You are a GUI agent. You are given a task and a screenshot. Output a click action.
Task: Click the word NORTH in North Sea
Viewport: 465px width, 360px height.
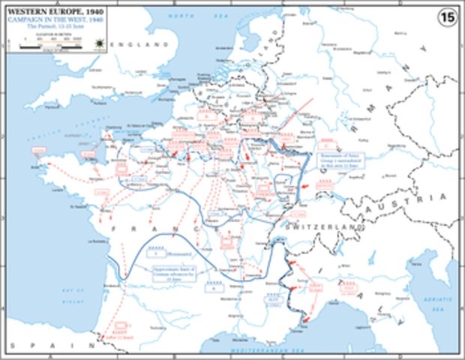click(178, 16)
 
